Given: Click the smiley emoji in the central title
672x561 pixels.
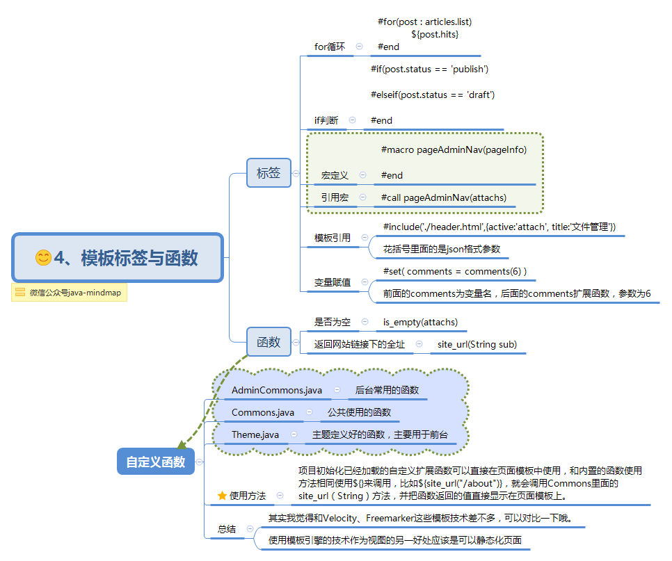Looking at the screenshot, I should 43,258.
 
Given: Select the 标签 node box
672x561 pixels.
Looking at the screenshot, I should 269,173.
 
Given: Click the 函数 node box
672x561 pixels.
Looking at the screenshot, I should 269,342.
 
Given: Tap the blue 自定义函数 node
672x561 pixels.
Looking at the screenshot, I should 155,462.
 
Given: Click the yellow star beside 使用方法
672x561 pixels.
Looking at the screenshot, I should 222,496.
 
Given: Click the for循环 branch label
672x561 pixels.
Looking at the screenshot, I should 330,47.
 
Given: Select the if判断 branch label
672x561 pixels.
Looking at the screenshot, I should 326,120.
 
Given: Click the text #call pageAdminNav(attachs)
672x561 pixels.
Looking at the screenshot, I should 444,197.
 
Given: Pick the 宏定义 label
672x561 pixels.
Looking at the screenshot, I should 335,175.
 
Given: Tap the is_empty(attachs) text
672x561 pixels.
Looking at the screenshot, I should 420,322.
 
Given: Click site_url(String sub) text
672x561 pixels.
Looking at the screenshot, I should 477,344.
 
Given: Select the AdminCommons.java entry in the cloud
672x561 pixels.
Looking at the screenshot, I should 277,390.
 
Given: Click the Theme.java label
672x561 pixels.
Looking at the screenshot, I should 255,434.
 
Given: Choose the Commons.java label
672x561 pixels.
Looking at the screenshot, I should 263,412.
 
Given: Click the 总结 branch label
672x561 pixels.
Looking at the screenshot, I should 227,529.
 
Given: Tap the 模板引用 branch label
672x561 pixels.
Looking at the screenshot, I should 333,238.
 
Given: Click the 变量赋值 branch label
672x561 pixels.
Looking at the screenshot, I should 333,282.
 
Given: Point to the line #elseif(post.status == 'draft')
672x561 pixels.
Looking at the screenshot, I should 432,95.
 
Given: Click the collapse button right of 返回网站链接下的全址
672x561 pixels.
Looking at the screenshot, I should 419,344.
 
